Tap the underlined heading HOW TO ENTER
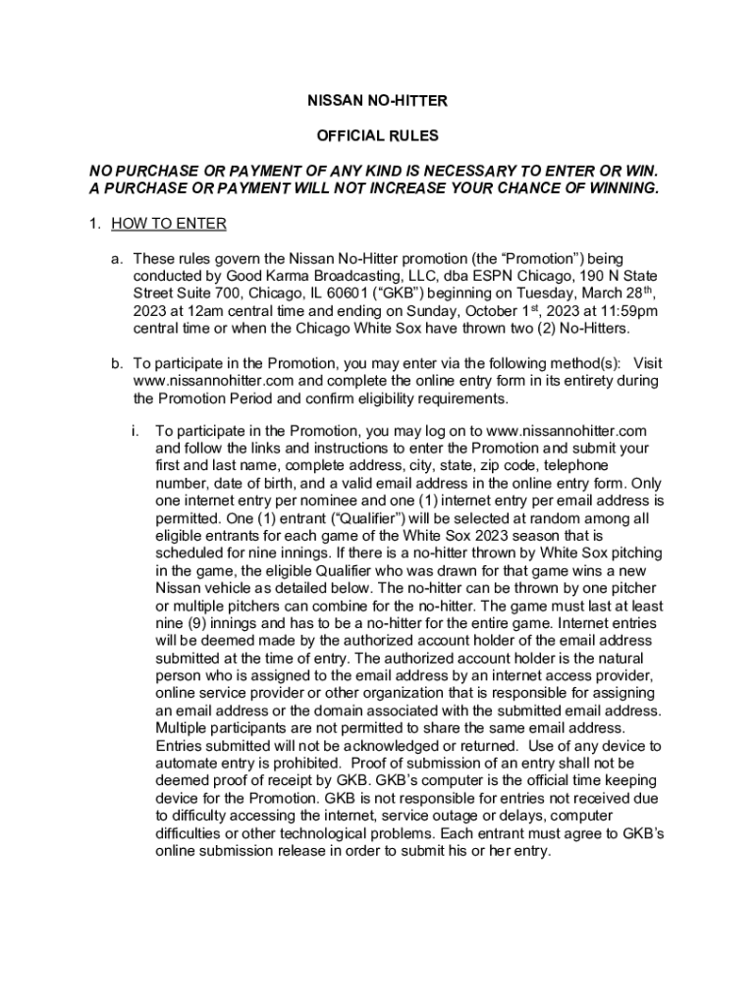(169, 224)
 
